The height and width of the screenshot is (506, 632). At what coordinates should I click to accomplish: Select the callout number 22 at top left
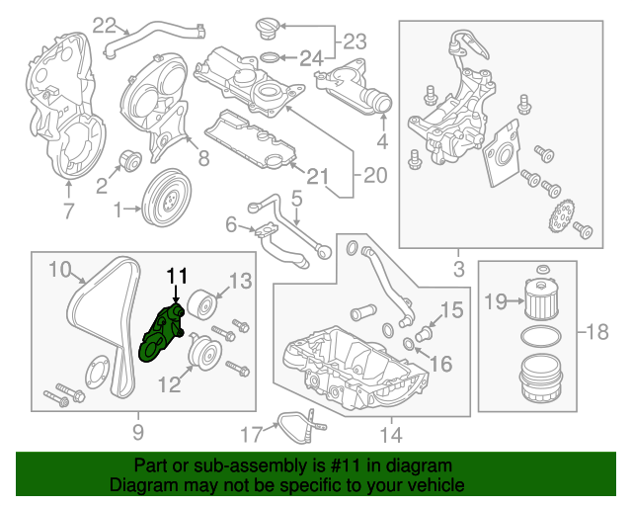104,27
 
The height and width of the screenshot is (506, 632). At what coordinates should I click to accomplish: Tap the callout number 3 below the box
457,267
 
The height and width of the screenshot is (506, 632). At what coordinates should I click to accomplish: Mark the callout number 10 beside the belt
60,268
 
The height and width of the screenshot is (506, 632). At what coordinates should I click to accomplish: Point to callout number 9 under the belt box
137,432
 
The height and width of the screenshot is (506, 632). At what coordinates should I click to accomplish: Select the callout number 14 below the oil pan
390,432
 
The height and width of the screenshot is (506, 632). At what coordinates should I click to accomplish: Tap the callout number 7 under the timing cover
67,210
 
